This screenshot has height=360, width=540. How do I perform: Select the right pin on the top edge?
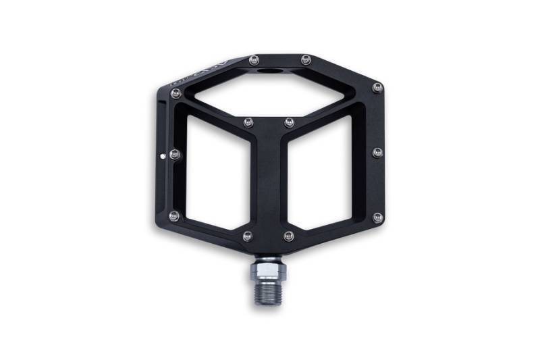(x=305, y=59)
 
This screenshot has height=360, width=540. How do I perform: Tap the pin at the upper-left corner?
(x=176, y=94)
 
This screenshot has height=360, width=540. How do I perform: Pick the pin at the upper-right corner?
(x=377, y=88)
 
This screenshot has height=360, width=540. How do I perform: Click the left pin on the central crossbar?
(x=248, y=123)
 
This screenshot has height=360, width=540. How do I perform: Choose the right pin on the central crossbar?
(x=289, y=123)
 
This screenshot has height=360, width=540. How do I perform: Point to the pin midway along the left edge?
(x=175, y=155)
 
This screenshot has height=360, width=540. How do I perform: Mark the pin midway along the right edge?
(x=377, y=153)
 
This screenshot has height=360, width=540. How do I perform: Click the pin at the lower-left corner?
(x=175, y=216)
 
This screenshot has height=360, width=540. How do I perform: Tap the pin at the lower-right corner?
(x=377, y=217)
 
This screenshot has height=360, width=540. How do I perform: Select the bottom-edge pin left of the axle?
(x=248, y=236)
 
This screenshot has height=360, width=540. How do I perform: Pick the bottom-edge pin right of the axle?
(x=289, y=236)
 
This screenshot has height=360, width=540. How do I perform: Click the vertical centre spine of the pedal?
(x=269, y=182)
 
